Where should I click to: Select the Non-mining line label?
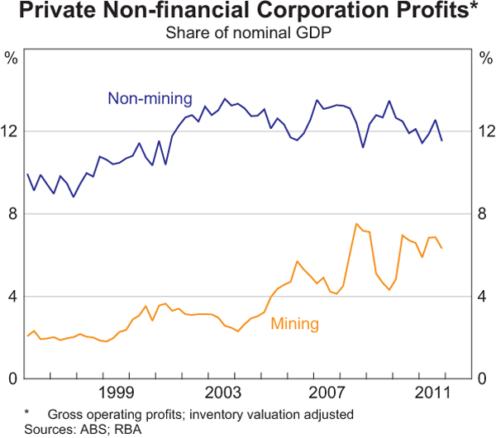pos(150,98)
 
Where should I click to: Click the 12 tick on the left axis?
pos(11,131)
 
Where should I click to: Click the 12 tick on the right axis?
pos(485,131)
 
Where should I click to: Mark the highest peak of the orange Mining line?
pos(355,224)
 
